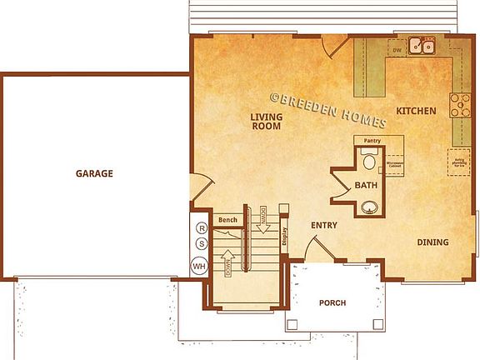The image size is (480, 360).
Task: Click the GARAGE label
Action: [94, 174]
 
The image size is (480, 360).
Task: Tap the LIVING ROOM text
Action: [266, 122]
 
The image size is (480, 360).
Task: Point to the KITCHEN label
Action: [416, 111]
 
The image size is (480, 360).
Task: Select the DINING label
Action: [432, 242]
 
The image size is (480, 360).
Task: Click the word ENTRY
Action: [323, 226]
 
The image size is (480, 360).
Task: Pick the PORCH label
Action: [332, 302]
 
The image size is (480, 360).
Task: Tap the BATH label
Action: [367, 184]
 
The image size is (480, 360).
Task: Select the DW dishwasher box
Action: [397, 51]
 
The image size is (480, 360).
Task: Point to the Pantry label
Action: [372, 142]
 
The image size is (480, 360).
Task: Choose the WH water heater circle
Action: [199, 266]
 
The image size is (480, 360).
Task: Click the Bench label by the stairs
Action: [227, 220]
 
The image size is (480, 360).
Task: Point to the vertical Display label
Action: [284, 237]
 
